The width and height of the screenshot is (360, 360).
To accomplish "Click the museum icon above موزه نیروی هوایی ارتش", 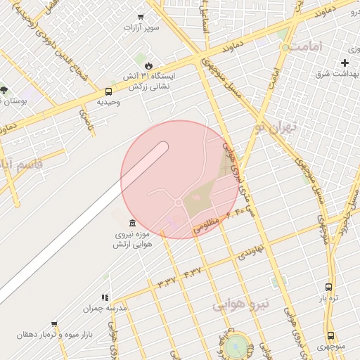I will click(x=133, y=223).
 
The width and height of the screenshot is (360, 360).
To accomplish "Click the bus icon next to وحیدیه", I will click(x=108, y=91).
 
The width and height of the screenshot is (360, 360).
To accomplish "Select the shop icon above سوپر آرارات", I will click(x=141, y=17).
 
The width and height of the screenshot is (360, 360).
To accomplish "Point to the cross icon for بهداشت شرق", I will click(x=345, y=63).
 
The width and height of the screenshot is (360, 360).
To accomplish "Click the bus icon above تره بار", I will click(x=328, y=287).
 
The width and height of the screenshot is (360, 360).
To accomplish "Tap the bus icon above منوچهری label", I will click(x=330, y=336).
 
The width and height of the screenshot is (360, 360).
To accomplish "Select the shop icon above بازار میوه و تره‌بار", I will click(x=54, y=324).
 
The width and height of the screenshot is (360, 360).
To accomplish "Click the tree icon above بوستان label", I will click(x=4, y=90).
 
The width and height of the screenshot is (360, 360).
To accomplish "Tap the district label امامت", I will click(x=307, y=47).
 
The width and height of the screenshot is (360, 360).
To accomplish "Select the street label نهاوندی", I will click(x=250, y=250).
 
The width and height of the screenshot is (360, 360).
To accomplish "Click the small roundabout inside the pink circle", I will click(x=179, y=202).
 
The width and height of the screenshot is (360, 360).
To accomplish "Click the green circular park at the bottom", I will click(x=238, y=345).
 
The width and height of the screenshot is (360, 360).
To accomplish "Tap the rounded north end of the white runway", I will click(x=164, y=146).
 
